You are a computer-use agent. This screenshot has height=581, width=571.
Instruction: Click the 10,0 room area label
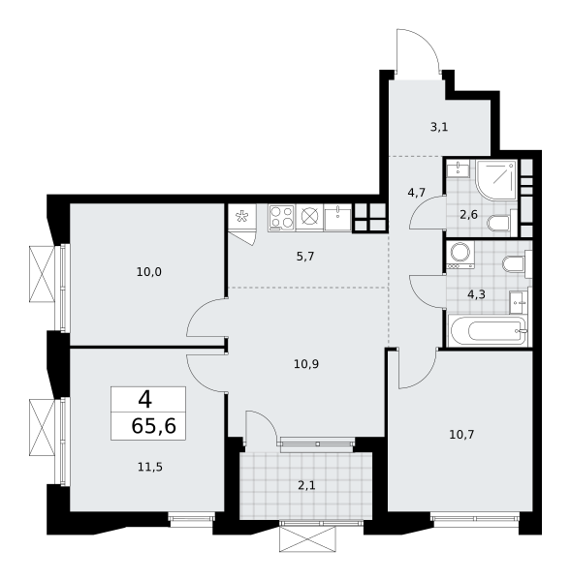tap(148, 272)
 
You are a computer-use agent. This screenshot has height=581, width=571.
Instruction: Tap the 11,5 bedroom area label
tap(150, 468)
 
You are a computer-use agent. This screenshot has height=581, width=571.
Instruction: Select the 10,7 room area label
tap(461, 434)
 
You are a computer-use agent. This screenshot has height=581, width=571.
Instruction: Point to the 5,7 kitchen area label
tap(305, 256)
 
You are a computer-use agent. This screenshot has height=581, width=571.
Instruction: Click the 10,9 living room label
tap(306, 364)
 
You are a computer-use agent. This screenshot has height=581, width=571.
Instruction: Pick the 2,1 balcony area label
tap(306, 485)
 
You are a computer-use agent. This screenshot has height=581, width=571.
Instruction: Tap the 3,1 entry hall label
tap(439, 127)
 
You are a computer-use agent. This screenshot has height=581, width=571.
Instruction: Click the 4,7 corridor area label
tap(416, 193)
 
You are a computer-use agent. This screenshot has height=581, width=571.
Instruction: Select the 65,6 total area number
tap(153, 426)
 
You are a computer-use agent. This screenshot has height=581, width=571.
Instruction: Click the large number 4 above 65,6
tap(145, 400)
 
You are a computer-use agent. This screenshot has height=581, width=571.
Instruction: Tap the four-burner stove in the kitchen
tap(281, 217)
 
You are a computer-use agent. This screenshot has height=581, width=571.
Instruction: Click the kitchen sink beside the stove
tap(337, 218)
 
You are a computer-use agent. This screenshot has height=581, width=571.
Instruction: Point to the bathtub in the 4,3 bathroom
tap(488, 330)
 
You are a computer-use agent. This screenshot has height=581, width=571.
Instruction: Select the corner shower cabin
tap(496, 179)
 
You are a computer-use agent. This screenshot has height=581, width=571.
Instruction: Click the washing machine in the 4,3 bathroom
tap(460, 255)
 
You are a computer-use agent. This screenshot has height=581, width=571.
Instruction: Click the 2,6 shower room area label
tap(468, 215)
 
